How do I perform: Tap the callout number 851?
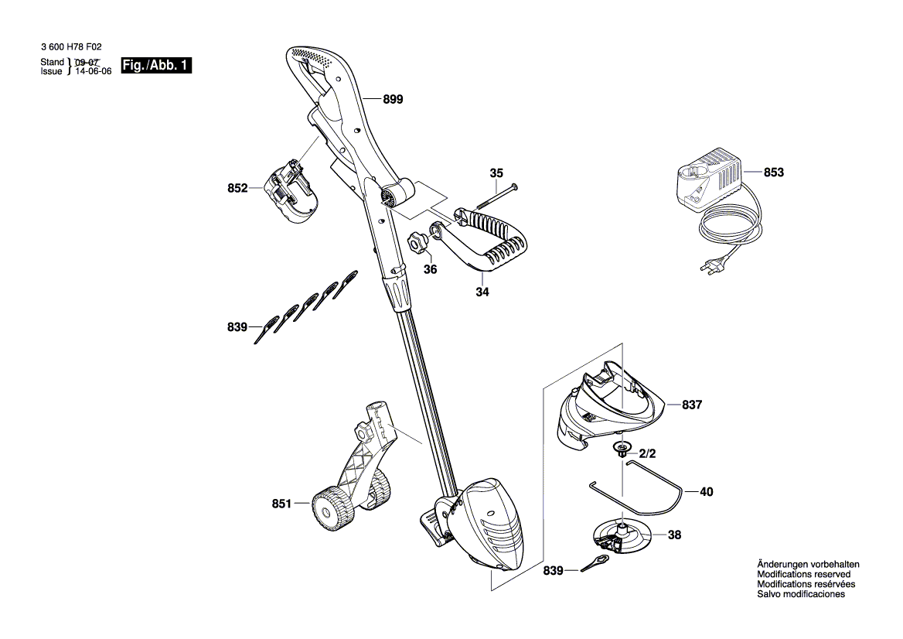281,504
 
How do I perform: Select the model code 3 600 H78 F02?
70,47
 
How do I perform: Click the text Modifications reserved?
804,575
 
